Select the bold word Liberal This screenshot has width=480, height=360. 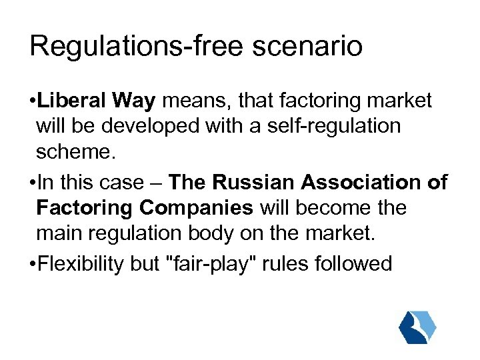(72, 101)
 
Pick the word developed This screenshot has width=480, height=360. (158, 127)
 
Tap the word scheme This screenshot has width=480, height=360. (76, 152)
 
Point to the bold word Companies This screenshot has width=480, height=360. (197, 207)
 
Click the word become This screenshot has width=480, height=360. (316, 207)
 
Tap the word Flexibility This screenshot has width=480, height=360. (80, 264)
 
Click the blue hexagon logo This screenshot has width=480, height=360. (417, 327)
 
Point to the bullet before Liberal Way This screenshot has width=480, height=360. (32, 102)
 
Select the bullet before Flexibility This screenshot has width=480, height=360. (32, 265)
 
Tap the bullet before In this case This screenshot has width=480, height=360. (32, 183)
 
